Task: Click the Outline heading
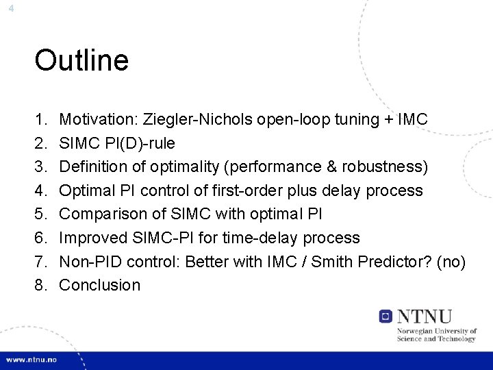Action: [x=81, y=61]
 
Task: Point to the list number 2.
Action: [x=40, y=143]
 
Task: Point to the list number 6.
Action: [x=40, y=238]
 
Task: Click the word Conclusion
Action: [x=100, y=285]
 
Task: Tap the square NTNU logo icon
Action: [x=385, y=317]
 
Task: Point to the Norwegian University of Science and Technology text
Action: [x=436, y=334]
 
